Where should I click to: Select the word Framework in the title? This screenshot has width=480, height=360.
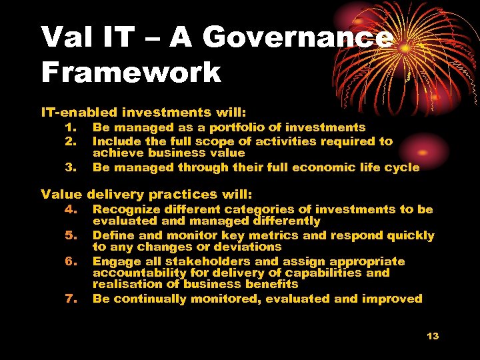point(131,72)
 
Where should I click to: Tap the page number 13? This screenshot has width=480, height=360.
point(433,336)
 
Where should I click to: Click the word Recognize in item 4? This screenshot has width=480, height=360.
point(127,209)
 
